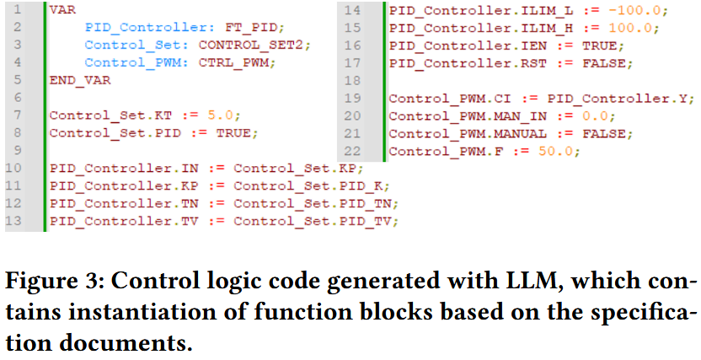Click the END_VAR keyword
(x=79, y=80)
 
